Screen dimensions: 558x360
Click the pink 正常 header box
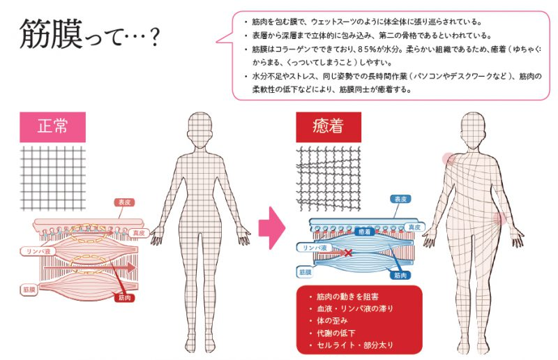click(53, 127)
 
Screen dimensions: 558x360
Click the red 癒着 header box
click(329, 127)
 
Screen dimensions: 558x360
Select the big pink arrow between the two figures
click(272, 228)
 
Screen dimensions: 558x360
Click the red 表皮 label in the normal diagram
click(124, 202)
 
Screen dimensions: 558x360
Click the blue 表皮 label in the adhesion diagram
click(400, 199)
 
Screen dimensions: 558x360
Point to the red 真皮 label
click(138, 233)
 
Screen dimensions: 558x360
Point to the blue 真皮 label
click(414, 227)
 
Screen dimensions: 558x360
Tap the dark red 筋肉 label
click(125, 297)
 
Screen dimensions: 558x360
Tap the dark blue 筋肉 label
click(400, 275)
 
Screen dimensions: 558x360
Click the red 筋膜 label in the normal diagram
click(29, 290)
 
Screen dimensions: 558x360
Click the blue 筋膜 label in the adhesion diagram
click(305, 272)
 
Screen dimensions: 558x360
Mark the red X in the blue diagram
click(348, 253)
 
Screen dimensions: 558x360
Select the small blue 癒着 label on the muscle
click(364, 232)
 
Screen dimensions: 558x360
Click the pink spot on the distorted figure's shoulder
click(449, 159)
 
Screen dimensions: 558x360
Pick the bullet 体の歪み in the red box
click(332, 320)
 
